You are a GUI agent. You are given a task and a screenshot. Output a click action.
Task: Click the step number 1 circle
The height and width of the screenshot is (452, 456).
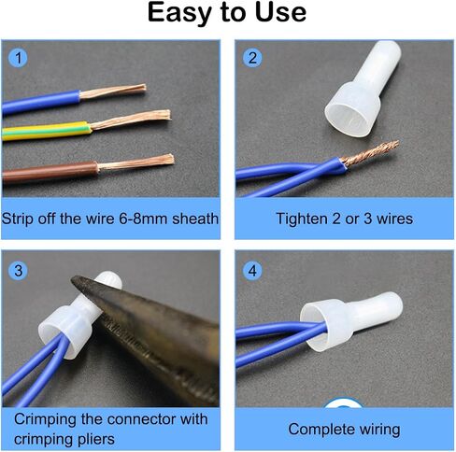(x=18, y=58)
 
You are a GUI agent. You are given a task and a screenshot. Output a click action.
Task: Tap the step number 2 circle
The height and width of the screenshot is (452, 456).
(x=252, y=58)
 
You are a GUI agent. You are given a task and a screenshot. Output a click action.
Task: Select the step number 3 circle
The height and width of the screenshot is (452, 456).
(x=18, y=271)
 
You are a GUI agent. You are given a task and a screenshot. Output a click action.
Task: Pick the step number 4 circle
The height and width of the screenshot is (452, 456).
(x=252, y=271)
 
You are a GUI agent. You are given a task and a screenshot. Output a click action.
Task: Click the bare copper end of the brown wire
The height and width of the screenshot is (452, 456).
(x=135, y=162)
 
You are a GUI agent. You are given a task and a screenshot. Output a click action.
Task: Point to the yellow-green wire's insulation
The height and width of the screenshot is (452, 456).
(x=47, y=132)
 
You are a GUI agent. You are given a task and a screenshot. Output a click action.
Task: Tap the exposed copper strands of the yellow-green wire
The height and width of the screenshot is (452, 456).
(x=131, y=120)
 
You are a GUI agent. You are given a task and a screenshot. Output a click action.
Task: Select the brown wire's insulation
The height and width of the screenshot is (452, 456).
(x=50, y=172)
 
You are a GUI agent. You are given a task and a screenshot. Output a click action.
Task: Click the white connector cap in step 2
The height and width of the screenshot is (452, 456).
(x=363, y=90)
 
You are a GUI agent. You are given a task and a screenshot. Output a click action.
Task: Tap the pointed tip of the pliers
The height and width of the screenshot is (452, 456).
(x=72, y=278)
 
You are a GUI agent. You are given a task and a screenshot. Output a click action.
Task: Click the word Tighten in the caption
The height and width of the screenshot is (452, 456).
(x=302, y=219)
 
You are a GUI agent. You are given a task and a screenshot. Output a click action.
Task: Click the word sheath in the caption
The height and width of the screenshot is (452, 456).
(x=195, y=219)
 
